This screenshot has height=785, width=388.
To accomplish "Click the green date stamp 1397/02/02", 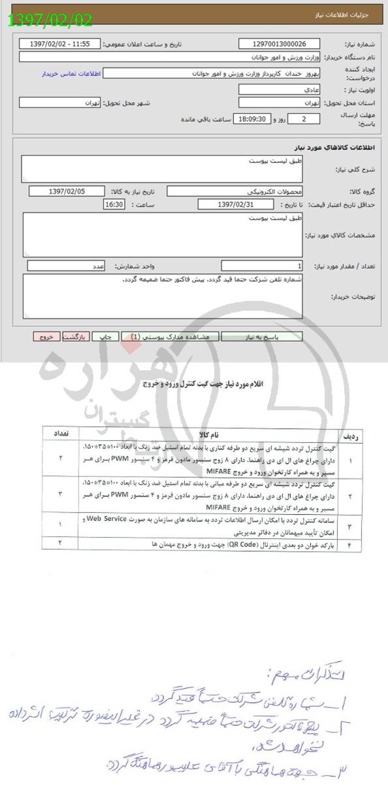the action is point(51,20).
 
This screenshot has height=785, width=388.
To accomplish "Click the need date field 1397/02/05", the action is point(67,191).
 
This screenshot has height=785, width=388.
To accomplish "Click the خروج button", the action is point(46,336).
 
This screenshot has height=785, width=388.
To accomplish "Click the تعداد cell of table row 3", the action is point(59,525).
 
